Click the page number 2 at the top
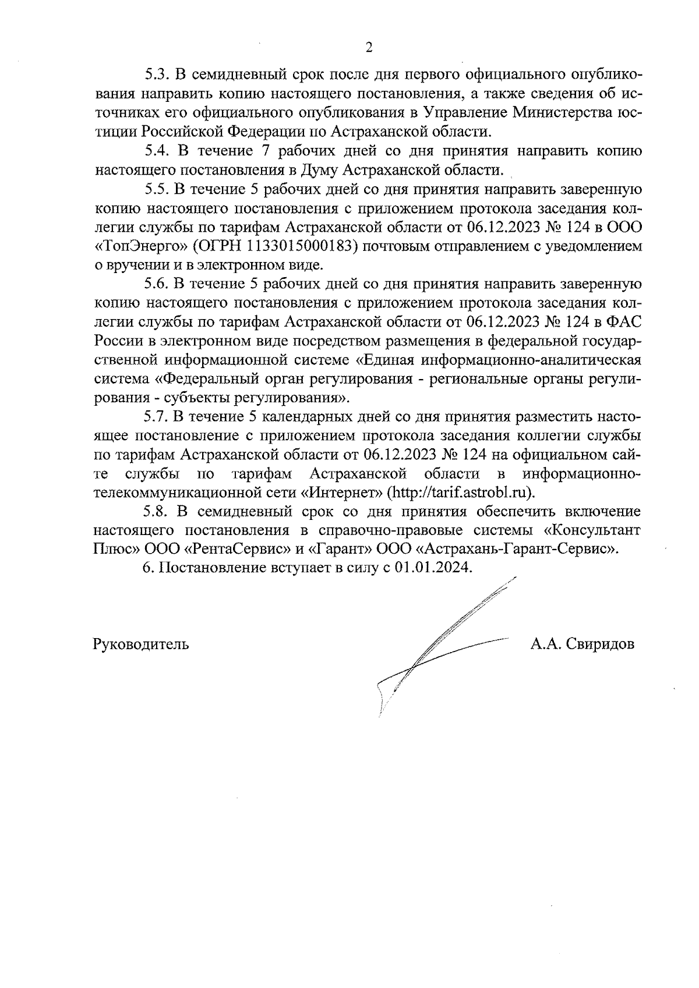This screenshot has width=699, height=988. click(x=368, y=48)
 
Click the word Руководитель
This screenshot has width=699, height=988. click(x=140, y=644)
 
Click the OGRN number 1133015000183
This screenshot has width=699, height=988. click(x=302, y=246)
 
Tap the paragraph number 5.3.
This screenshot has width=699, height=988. click(x=157, y=75)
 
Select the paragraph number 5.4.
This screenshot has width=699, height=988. click(x=157, y=151)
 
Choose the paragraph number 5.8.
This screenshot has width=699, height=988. click(x=157, y=512)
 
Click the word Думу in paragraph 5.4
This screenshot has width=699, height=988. click(x=320, y=170)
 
